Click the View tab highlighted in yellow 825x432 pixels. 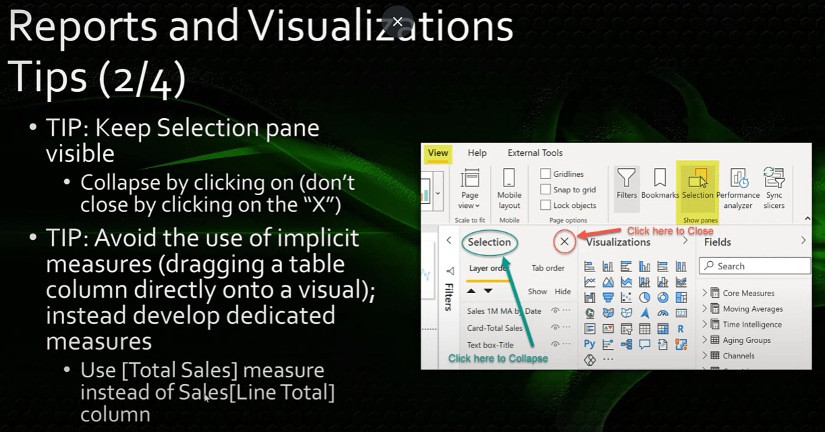(x=437, y=153)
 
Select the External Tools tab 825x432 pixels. (x=535, y=153)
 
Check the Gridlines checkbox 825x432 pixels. (x=545, y=173)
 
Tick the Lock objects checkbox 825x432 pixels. (x=545, y=205)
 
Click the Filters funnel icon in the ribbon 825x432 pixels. (x=626, y=178)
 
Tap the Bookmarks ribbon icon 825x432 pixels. (x=660, y=178)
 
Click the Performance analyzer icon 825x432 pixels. (x=738, y=178)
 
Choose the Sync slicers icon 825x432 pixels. (x=774, y=178)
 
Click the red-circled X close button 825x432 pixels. (x=564, y=242)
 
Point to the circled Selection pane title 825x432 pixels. (x=489, y=242)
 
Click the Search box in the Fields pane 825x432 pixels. (x=755, y=266)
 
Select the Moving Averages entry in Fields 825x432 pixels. (x=753, y=308)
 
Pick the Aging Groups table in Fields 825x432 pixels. (x=747, y=340)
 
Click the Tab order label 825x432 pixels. (x=548, y=268)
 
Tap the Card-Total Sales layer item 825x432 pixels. (x=495, y=328)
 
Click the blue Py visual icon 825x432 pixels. (x=589, y=344)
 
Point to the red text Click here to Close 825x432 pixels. (x=670, y=231)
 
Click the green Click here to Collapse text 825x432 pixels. (x=498, y=358)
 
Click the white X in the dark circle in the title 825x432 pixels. (x=398, y=22)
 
